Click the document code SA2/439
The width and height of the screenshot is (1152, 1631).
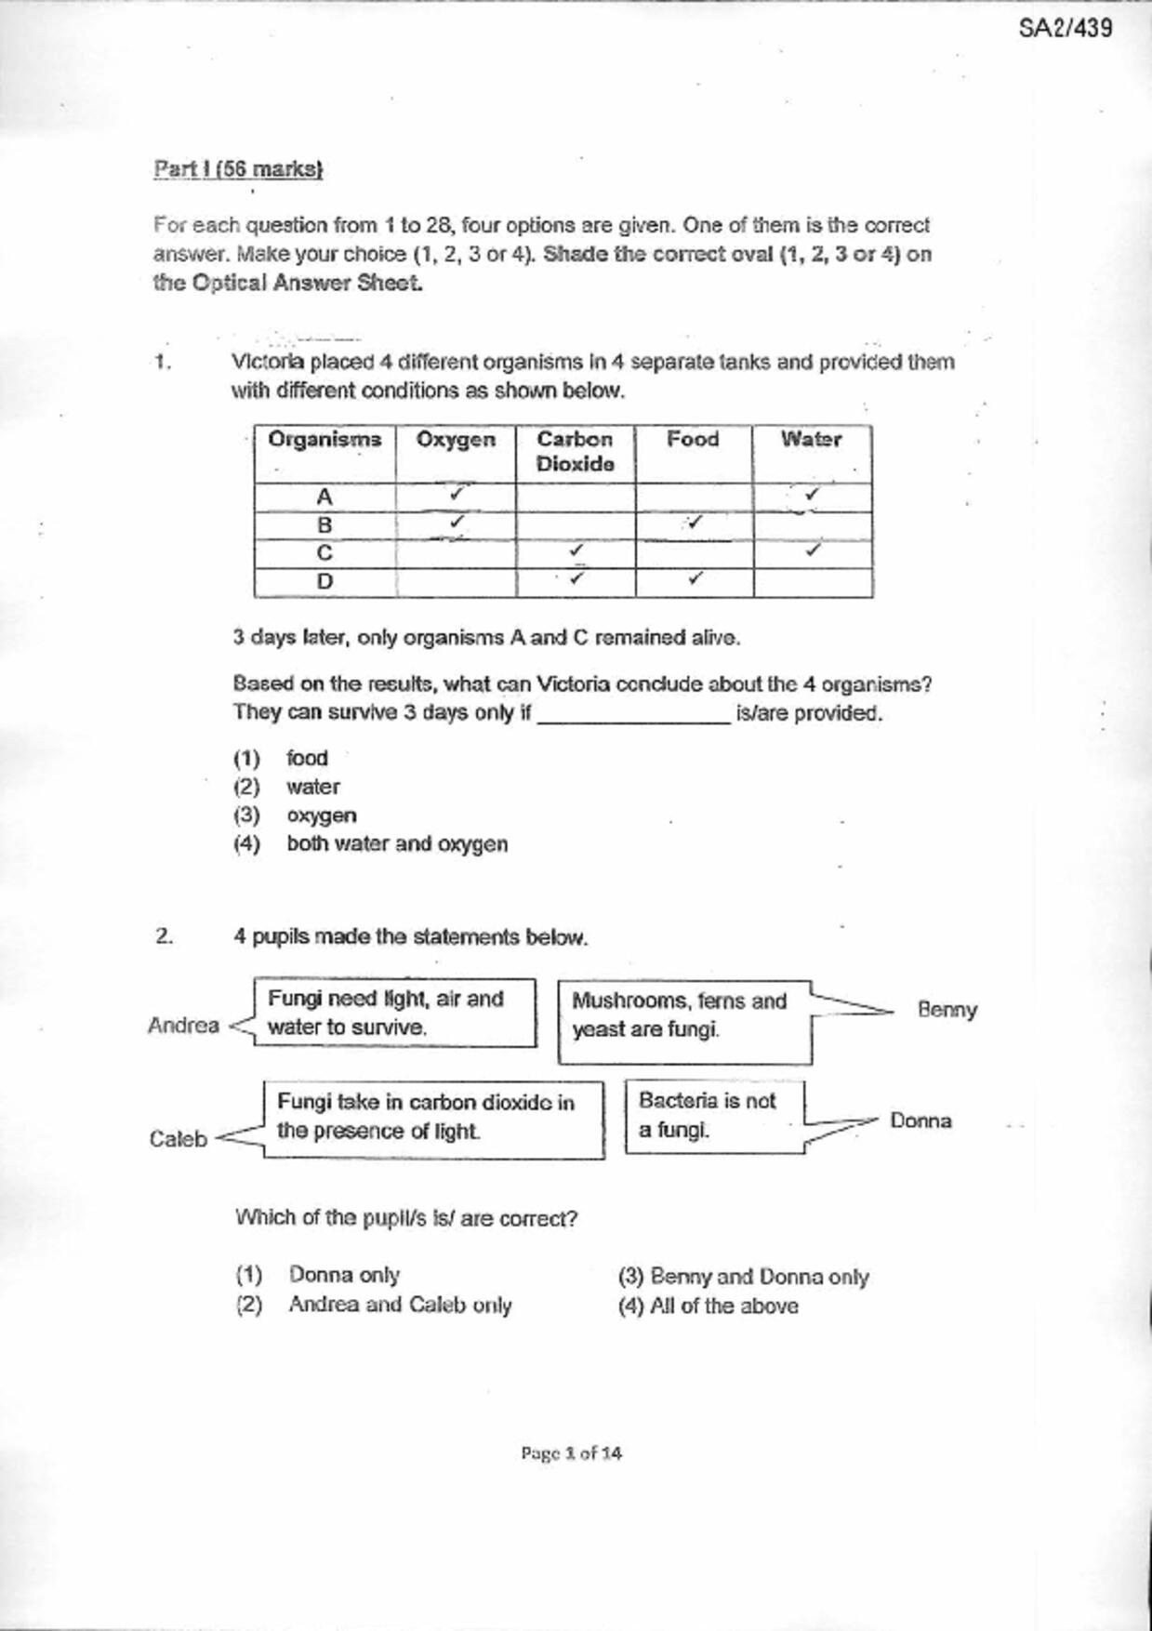click(1065, 28)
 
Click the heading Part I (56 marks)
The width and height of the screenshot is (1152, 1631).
click(238, 169)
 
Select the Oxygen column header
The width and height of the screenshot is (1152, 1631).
click(456, 440)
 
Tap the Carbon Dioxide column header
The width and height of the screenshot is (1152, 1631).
click(576, 452)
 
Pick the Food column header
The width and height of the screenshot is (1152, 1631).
click(693, 440)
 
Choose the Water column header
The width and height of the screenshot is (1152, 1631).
click(811, 440)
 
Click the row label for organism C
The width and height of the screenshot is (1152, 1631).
click(324, 553)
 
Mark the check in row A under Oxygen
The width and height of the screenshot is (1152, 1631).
click(457, 494)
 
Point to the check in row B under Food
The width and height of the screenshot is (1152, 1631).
click(694, 523)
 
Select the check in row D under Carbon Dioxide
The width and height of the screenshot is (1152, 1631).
click(576, 578)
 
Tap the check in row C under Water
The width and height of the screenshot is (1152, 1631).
click(814, 550)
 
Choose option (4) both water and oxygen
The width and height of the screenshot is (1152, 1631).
click(397, 844)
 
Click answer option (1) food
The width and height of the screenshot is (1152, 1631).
click(307, 758)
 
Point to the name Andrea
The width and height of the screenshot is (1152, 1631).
click(183, 1026)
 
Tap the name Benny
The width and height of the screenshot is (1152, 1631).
click(947, 1010)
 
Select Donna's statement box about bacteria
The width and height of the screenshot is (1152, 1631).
click(713, 1116)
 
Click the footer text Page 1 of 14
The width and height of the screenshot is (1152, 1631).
click(571, 1452)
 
